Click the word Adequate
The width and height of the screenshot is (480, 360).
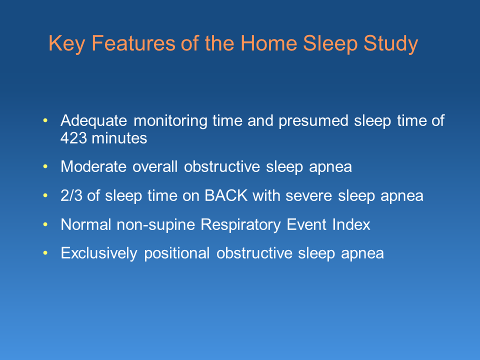tap(94, 121)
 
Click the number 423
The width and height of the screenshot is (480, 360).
tap(73, 138)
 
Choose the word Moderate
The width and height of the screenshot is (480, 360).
tap(94, 167)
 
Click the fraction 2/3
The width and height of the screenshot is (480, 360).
tap(71, 196)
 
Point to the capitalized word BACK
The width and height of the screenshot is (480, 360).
tap(225, 196)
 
